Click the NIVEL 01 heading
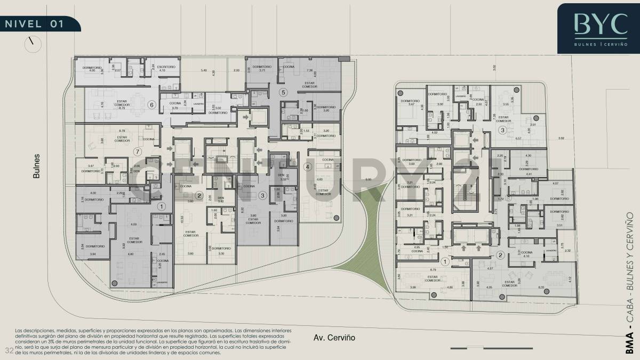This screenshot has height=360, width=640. (x=35, y=23)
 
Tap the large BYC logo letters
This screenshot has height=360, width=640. (x=600, y=25)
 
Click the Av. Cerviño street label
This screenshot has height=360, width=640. (x=334, y=338)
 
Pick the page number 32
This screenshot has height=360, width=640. (x=9, y=350)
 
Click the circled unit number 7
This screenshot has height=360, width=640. (x=138, y=152)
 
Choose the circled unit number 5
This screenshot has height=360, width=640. (x=284, y=92)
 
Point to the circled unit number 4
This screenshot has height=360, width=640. (x=307, y=166)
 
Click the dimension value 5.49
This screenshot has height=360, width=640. (x=203, y=71)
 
